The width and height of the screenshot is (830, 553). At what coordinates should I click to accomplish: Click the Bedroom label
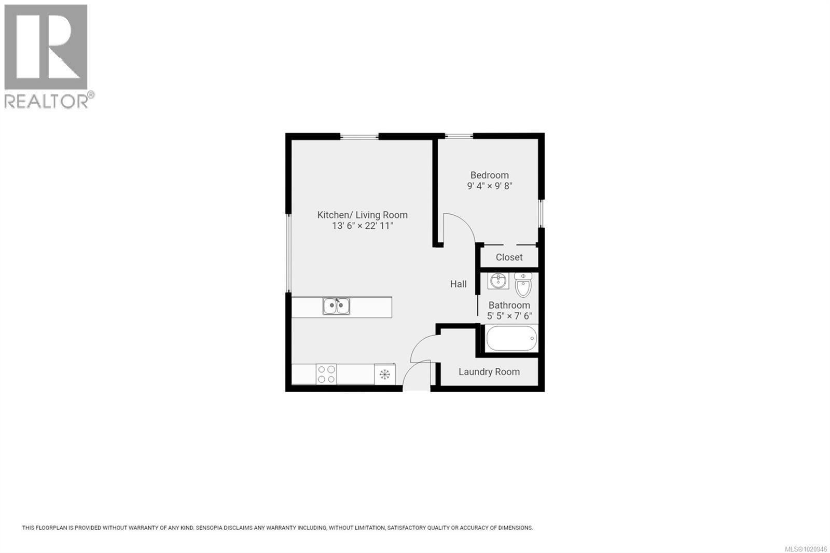click(x=489, y=175)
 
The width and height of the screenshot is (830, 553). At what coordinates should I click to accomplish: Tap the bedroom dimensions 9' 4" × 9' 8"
click(x=489, y=186)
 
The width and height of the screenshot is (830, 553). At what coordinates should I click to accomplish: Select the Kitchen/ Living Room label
click(x=362, y=215)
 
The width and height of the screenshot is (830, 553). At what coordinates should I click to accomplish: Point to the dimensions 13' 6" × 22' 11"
click(x=362, y=226)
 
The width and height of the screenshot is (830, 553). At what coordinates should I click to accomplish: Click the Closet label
click(x=509, y=257)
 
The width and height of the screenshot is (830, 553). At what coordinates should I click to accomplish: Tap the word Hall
click(x=458, y=284)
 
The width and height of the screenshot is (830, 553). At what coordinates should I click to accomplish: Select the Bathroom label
click(x=509, y=306)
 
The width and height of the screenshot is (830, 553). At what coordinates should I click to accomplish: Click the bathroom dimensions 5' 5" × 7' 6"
click(x=509, y=316)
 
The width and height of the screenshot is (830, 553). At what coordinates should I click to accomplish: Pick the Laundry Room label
click(x=489, y=372)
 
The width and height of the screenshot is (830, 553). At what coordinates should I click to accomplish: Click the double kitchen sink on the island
click(x=336, y=306)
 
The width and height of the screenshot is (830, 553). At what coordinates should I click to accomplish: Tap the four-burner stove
click(x=326, y=374)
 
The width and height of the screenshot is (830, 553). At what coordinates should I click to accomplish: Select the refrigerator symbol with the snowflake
click(x=384, y=374)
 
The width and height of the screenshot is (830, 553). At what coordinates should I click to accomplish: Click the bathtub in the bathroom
click(x=511, y=339)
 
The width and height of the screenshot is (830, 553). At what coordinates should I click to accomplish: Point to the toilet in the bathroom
click(x=523, y=285)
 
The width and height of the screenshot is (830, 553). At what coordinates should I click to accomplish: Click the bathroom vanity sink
click(x=498, y=281)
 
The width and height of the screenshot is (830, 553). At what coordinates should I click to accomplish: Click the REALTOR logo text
click(x=47, y=101)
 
